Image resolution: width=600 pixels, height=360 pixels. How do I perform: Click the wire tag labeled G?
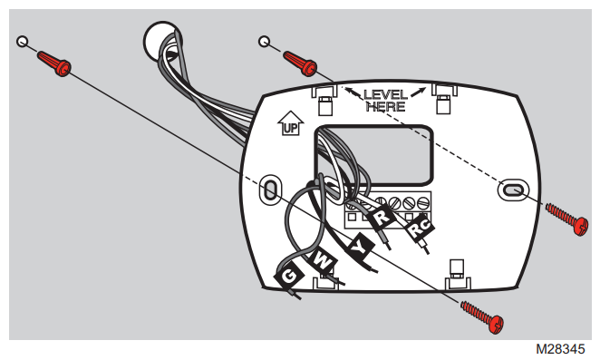pos(289,276)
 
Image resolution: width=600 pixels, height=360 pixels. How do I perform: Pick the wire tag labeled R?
pos(382,217)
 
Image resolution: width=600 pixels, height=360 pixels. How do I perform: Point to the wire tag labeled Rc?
pos(420,228)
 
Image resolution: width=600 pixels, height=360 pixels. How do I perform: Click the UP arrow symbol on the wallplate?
pos(290,123)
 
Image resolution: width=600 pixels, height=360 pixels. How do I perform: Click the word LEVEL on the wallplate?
pos(385,94)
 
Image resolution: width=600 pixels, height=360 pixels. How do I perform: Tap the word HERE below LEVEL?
pos(385,106)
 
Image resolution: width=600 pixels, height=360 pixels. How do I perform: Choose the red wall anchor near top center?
pos(300,63)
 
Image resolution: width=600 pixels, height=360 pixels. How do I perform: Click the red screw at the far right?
pos(566,219)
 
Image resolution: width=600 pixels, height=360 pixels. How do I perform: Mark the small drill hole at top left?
pos(23,42)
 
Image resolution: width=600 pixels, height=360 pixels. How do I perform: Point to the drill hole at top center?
pos(264,42)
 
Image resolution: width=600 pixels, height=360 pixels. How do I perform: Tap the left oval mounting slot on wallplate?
pos(270,190)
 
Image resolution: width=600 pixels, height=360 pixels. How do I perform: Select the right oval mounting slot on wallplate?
pos(513,190)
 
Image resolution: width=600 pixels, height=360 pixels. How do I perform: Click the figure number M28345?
pos(560,349)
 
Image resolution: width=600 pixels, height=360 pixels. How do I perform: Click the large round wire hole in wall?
pos(162,41)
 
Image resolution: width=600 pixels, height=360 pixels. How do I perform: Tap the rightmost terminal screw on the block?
pos(423,202)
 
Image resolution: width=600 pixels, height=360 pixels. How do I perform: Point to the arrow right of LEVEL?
pos(418,92)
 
